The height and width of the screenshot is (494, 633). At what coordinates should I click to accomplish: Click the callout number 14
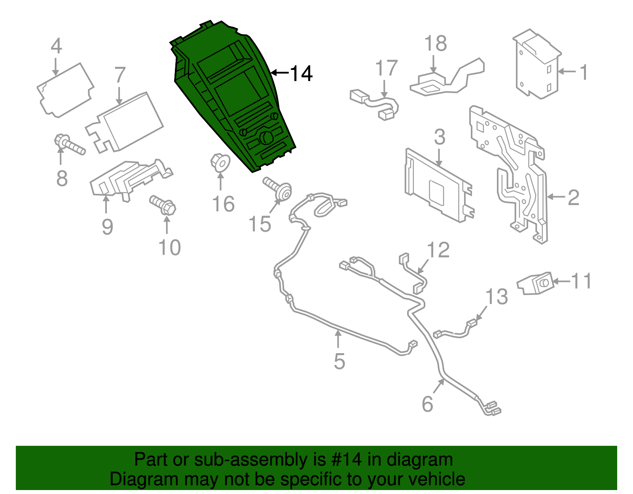[x=301, y=74]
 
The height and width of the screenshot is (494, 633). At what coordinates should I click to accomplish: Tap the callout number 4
[x=57, y=46]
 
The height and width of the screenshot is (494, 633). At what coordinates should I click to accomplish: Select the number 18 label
[x=436, y=44]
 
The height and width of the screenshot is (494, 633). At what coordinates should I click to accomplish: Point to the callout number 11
[x=581, y=281]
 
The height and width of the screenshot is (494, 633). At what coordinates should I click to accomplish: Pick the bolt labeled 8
[x=70, y=145]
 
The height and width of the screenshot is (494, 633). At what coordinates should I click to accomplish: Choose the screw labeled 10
[x=163, y=204]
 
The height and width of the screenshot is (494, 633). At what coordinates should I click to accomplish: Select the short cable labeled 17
[x=374, y=104]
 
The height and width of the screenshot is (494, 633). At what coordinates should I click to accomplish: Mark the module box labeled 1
[x=537, y=65]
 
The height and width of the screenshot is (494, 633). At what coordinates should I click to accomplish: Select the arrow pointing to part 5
[x=338, y=340]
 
